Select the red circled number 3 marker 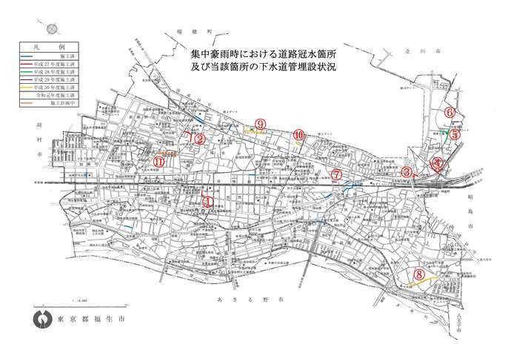pyautogui.click(x=407, y=171)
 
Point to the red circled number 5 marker pyautogui.click(x=455, y=136)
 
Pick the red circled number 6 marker pyautogui.click(x=450, y=112)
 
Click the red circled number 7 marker pyautogui.click(x=337, y=174)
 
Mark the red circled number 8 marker pyautogui.click(x=419, y=274)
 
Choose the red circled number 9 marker pyautogui.click(x=259, y=124)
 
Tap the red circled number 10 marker pyautogui.click(x=298, y=135)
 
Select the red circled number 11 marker pyautogui.click(x=158, y=161)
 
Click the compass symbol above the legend pyautogui.click(x=53, y=29)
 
